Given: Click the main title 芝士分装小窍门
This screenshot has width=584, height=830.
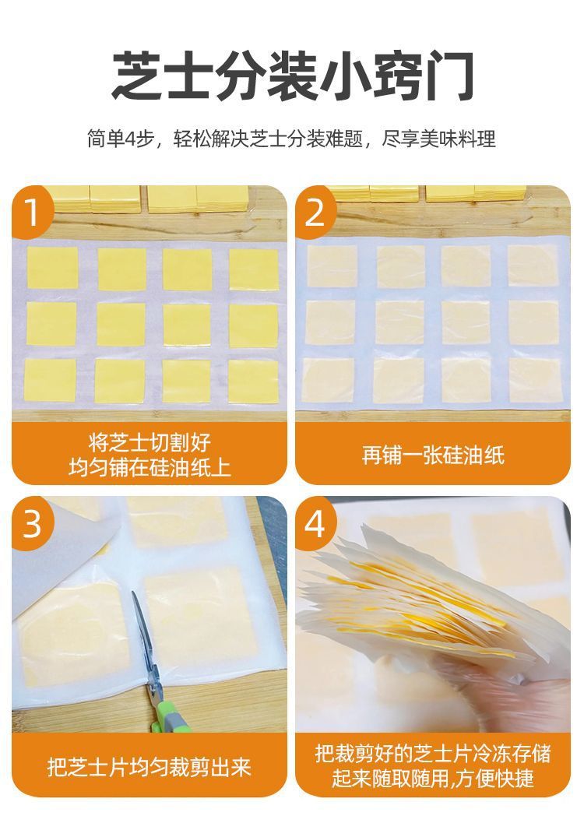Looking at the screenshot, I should point(292,76).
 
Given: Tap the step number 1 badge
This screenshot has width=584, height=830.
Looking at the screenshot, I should point(32,212).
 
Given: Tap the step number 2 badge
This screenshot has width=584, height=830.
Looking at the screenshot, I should point(315,212).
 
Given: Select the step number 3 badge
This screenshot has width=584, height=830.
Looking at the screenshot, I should point(32,524).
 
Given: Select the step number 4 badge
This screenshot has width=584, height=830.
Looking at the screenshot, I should point(315,524).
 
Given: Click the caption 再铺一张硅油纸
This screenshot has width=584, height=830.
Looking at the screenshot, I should point(433,455).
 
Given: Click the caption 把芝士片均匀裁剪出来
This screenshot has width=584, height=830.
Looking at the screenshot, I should point(150,767).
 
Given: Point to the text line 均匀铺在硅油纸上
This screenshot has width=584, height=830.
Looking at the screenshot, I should point(150,468).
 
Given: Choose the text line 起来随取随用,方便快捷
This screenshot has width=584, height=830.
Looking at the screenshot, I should point(433,779).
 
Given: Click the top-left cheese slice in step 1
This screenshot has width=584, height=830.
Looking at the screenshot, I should point(52,268).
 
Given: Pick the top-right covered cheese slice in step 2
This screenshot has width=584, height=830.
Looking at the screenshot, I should point(533,267).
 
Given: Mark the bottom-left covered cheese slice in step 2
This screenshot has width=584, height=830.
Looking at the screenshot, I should point(329,379).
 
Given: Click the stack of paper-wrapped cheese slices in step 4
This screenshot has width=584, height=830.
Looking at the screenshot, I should point(413,600).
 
